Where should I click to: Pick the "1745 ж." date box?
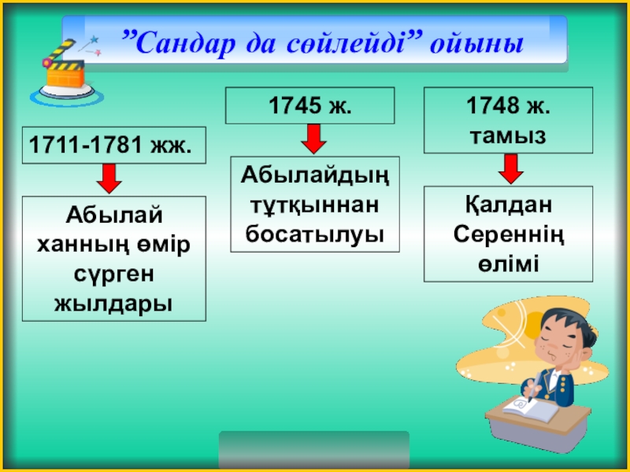(x=309, y=105)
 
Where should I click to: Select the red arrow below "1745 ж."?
(x=313, y=139)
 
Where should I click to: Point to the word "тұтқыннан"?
(x=314, y=205)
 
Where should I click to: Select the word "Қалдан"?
(x=507, y=205)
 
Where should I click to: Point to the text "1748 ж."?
(x=507, y=105)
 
